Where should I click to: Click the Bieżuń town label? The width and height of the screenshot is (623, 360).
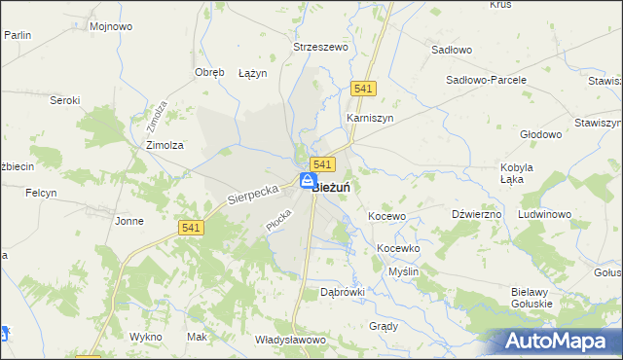pos(333,188)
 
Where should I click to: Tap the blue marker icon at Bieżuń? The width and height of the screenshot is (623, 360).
pos(307,181)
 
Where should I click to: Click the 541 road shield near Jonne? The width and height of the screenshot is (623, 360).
pos(191,227)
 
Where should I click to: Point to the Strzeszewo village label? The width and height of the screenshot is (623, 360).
pos(320,46)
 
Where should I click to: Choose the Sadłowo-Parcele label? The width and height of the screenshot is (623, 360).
pos(486,80)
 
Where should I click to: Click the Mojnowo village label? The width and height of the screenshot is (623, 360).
pos(110,26)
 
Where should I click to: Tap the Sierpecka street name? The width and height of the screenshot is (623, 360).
pos(253,190)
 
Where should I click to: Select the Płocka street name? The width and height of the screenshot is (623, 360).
pos(278,220)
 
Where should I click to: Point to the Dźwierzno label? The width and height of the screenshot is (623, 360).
pos(477,214)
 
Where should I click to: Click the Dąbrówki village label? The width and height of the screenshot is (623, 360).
pos(343,291)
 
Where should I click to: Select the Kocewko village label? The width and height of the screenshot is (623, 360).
pos(398,248)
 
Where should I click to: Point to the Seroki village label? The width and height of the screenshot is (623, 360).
pos(64,99)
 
